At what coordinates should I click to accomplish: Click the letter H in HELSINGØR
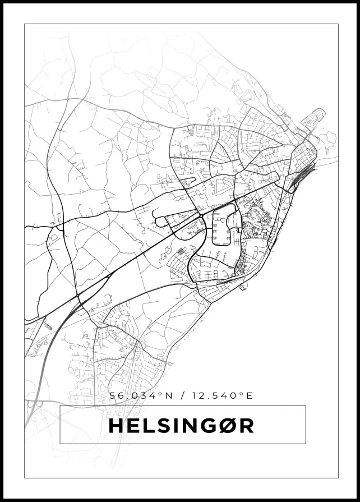pos(116,426)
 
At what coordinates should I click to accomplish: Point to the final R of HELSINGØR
pos(246,426)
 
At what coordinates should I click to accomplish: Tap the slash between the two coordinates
pos(181,396)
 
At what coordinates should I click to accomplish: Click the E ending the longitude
pos(250,396)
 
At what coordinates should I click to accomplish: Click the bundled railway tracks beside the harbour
pos(297,177)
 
